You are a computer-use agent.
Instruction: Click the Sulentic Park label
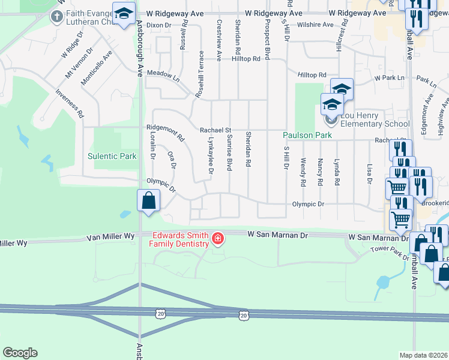(x=112, y=156)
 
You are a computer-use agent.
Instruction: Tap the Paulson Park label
(x=307, y=136)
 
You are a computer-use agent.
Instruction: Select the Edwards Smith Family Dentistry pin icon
(x=217, y=239)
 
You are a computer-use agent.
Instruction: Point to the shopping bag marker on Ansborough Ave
(x=148, y=201)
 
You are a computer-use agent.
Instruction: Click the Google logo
(x=20, y=353)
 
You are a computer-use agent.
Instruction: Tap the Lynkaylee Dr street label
(x=211, y=155)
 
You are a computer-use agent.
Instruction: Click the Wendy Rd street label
(x=304, y=171)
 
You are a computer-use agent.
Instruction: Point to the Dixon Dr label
(x=158, y=25)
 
